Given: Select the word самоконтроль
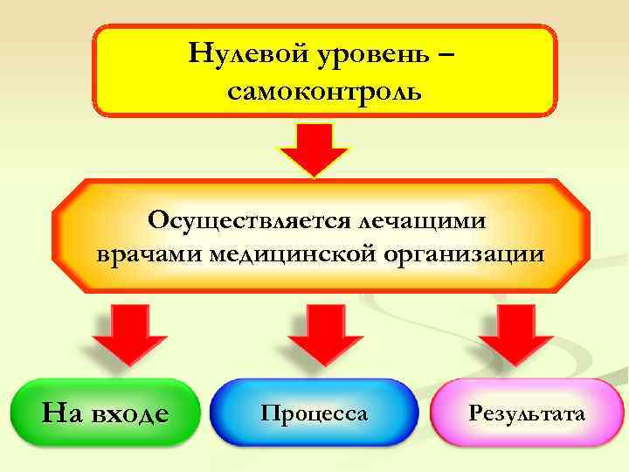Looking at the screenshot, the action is [324, 90].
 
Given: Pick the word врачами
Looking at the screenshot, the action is [149, 253].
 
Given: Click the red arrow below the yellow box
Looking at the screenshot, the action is [314, 149].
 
